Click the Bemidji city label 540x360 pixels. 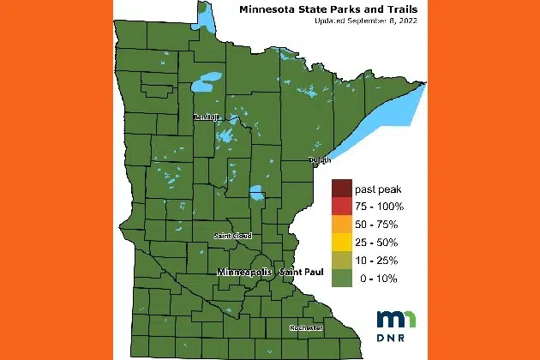[207, 117]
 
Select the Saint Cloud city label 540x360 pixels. [232, 235]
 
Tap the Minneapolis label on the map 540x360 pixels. [244, 272]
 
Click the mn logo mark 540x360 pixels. [397, 317]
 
